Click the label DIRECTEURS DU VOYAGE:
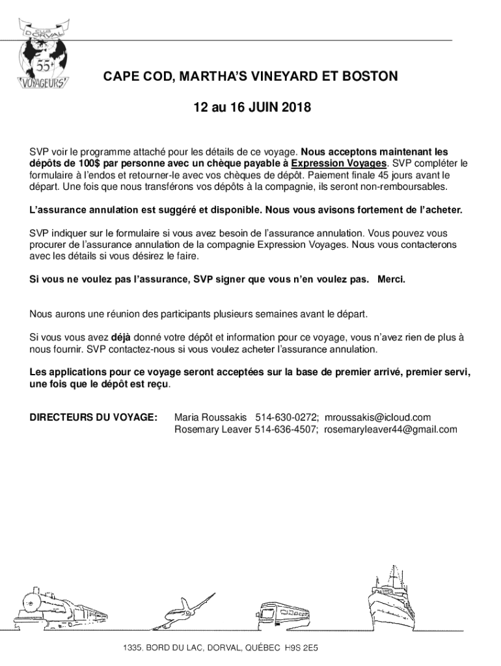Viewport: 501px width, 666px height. pos(94,417)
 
